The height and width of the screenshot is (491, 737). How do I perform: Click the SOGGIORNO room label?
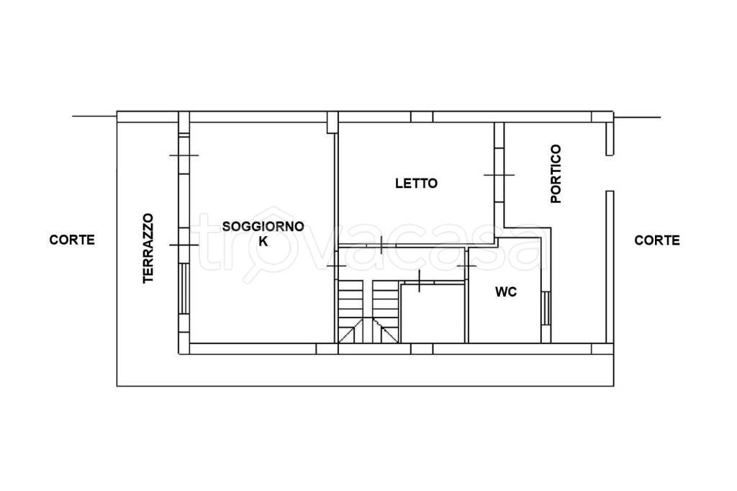coord(263,227)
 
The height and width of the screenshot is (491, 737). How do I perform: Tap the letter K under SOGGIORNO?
coord(263,242)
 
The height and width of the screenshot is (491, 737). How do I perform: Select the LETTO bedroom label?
coord(417,184)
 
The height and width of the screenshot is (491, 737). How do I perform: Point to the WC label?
coord(506,292)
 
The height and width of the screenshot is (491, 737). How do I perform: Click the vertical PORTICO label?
coord(556,174)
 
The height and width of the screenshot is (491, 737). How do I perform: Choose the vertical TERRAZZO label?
coord(148,248)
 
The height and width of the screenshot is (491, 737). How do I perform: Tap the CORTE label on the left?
coord(72,240)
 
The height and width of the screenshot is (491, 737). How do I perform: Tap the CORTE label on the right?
coord(657,240)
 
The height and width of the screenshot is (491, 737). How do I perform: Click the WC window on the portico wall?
coord(546,308)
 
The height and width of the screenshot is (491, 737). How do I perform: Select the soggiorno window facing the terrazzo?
coord(184,288)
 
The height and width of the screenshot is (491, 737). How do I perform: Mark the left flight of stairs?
coord(351,311)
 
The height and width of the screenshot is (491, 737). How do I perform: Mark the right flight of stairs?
coord(386,311)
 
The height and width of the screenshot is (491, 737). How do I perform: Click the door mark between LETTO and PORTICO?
coord(499,175)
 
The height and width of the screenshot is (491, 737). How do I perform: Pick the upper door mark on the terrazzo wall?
coord(184,155)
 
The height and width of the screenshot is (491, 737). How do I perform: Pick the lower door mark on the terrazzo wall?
coord(184,245)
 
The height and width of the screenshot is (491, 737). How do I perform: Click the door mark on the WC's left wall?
coord(466,266)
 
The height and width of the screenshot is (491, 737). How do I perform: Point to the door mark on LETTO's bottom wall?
coord(381,245)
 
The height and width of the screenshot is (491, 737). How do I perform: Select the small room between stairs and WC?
coord(433,314)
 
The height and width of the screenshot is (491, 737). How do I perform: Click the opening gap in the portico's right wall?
coord(610,173)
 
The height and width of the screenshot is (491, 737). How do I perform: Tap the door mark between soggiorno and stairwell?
coord(336,266)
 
